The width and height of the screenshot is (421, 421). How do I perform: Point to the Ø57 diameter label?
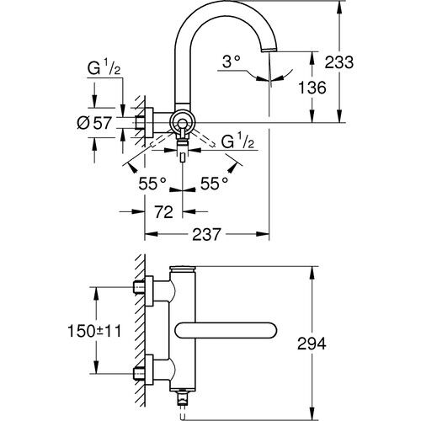[x=94, y=124]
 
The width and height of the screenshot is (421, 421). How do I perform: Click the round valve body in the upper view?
[x=182, y=123]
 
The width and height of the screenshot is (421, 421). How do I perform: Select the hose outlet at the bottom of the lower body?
[x=181, y=397]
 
